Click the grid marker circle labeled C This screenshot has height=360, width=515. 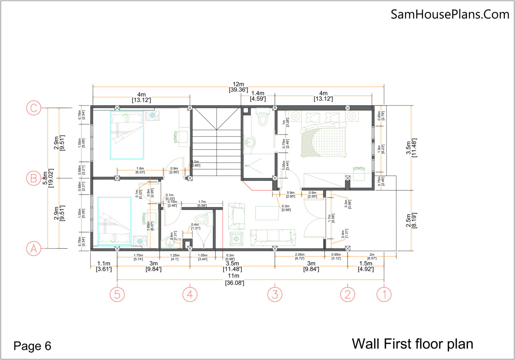34,108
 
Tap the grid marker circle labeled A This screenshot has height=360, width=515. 34,249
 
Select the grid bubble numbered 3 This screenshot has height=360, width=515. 275,294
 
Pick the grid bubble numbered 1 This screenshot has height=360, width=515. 384,294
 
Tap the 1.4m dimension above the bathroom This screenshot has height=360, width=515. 257,96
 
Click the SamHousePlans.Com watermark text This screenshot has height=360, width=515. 450,14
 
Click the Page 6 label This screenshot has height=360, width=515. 32,346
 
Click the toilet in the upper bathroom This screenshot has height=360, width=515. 263,117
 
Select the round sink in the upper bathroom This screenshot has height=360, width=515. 249,142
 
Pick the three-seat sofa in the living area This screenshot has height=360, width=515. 273,237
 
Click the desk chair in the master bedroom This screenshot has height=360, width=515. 358,174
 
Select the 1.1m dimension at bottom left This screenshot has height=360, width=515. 104,266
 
